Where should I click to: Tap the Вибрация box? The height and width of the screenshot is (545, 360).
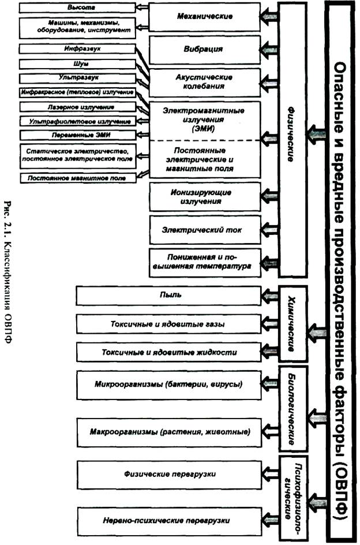pyautogui.click(x=201, y=50)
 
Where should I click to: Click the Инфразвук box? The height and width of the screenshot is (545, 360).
pyautogui.click(x=77, y=49)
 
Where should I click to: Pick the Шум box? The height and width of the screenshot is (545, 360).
pyautogui.click(x=77, y=64)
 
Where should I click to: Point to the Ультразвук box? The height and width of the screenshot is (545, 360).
pyautogui.click(x=77, y=77)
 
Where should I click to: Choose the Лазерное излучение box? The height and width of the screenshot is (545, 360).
pyautogui.click(x=78, y=107)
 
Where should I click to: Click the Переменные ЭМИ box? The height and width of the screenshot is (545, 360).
pyautogui.click(x=77, y=134)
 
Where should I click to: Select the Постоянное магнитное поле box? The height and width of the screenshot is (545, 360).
pyautogui.click(x=77, y=178)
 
